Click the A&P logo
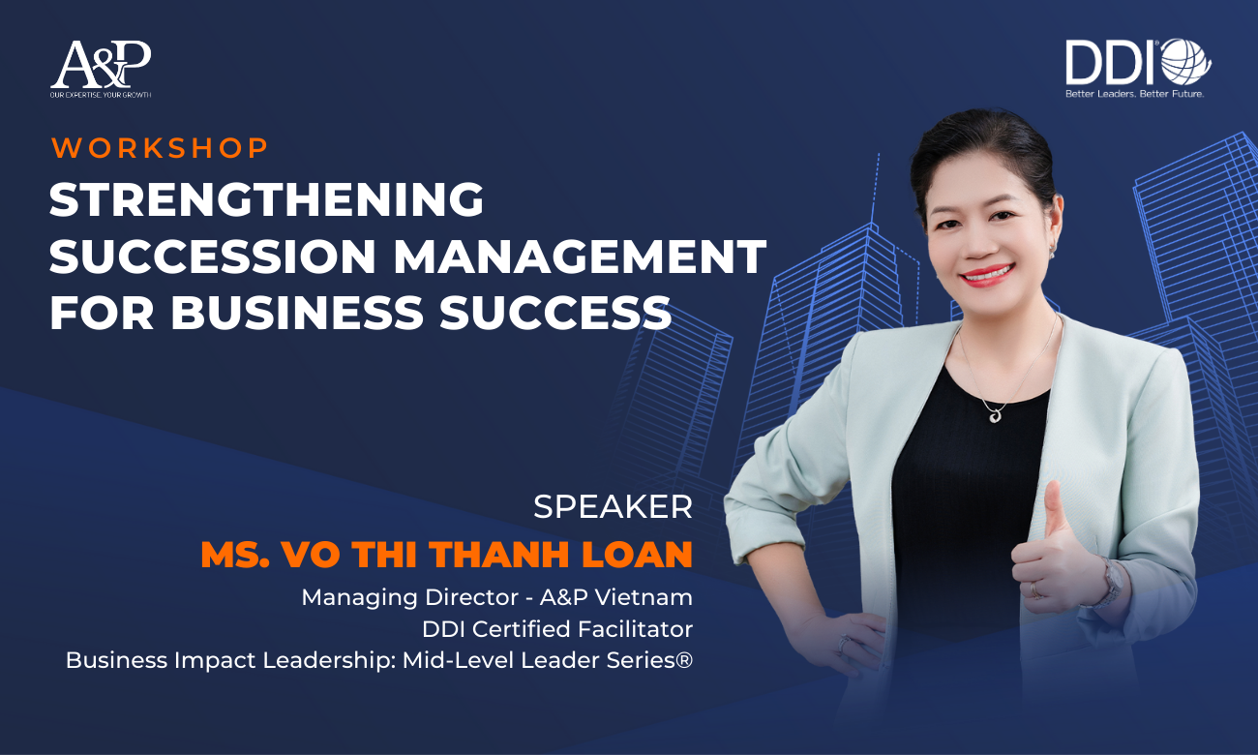pyautogui.click(x=101, y=69)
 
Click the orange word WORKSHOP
pyautogui.click(x=160, y=148)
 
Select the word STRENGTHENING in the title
pyautogui.click(x=266, y=199)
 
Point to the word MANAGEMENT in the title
pyautogui.click(x=580, y=257)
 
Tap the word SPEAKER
pyautogui.click(x=613, y=506)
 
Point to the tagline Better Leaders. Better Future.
pyautogui.click(x=1134, y=94)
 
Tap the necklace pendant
pyautogui.click(x=995, y=415)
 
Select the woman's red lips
pyautogui.click(x=987, y=275)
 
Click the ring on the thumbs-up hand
pyautogui.click(x=1035, y=589)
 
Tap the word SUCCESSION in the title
pyautogui.click(x=213, y=257)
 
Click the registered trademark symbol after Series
pyautogui.click(x=684, y=659)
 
